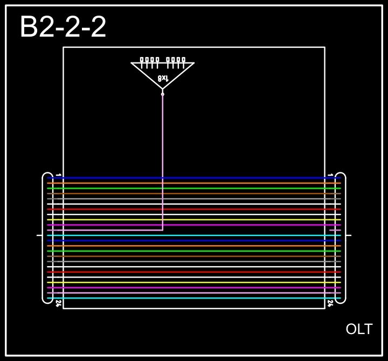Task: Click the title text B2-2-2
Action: coord(63,27)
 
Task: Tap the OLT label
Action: coord(359,329)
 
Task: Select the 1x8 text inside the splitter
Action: coord(163,79)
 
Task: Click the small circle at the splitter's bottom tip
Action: coord(163,94)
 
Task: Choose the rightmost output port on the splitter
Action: coord(183,60)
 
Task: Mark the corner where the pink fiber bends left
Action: coord(163,230)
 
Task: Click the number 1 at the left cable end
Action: coord(58,175)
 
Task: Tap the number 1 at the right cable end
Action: coord(330,175)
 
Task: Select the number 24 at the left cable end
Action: coord(58,304)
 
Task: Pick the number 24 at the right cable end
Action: coord(330,304)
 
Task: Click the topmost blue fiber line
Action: coord(194,178)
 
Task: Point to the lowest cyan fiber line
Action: coord(194,298)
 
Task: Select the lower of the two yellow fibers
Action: coord(194,282)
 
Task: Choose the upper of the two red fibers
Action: coord(194,209)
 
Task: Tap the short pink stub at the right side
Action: coord(335,230)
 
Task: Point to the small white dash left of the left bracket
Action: coord(39,235)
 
